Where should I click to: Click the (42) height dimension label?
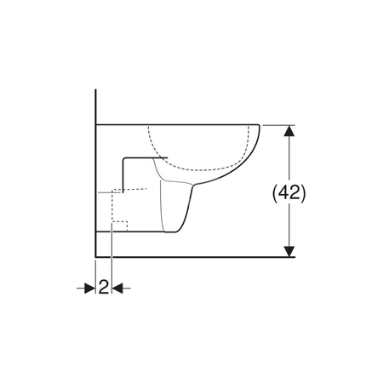[x=289, y=193]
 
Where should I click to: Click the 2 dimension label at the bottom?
[x=104, y=287]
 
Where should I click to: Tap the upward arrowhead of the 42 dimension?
[x=289, y=131]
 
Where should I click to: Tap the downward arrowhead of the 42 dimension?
[x=289, y=251]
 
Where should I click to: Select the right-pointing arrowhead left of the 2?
[x=89, y=289]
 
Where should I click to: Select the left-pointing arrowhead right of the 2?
[x=117, y=289]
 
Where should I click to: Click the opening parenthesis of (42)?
[x=275, y=194]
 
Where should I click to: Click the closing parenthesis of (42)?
[x=304, y=194]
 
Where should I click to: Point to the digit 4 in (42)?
[x=283, y=193]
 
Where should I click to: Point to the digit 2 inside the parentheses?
[x=295, y=193]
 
